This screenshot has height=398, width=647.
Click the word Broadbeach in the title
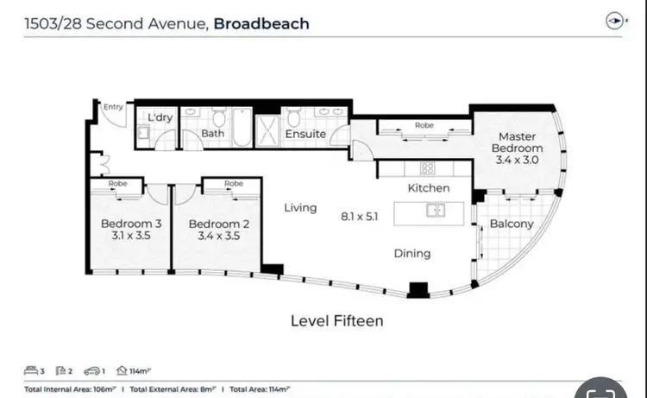pos(261,23)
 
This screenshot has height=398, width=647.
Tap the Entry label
pos(113,107)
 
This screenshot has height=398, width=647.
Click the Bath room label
pos(212,134)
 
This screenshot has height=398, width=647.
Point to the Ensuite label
pos(305,134)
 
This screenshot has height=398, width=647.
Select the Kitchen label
pos(429,187)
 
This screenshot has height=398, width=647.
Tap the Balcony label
pos(512,224)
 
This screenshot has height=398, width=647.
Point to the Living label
pos(301,208)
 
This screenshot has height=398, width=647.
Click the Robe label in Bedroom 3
pos(117,184)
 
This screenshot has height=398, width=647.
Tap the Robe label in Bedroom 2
pos(233,184)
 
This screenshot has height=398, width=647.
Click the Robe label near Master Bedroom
pos(424,125)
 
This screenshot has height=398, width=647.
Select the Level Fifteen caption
pos(336,320)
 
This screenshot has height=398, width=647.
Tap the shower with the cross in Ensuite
pos(270,129)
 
